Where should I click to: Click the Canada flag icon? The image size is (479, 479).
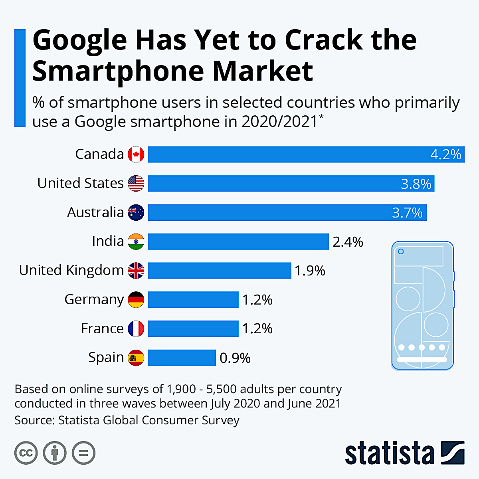pos(136,154)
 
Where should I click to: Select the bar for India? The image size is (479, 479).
pos(238,241)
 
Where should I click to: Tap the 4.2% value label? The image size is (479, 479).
pos(446,154)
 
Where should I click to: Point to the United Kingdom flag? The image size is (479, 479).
pos(136,271)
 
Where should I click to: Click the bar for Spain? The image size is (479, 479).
pos(182,358)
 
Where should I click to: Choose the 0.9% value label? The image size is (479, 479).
pos(235,358)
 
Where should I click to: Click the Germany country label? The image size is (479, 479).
pos(94,300)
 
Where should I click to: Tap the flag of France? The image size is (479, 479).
pos(136,329)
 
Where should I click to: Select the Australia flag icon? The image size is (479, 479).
pos(136,212)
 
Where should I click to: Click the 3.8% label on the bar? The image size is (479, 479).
pos(416,184)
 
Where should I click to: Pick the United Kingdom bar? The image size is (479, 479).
pos(220,271)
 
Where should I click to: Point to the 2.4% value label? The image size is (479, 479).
pos(348,242)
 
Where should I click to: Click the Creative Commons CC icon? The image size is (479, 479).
pos(26,453)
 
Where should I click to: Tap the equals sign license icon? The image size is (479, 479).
pos(83,453)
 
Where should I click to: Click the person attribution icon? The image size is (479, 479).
pos(55,453)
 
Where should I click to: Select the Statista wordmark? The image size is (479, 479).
pos(389,453)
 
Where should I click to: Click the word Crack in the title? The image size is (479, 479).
pos(324,40)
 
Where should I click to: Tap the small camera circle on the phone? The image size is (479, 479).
pos(401,251)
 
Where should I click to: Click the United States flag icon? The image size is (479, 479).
pos(136,184)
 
